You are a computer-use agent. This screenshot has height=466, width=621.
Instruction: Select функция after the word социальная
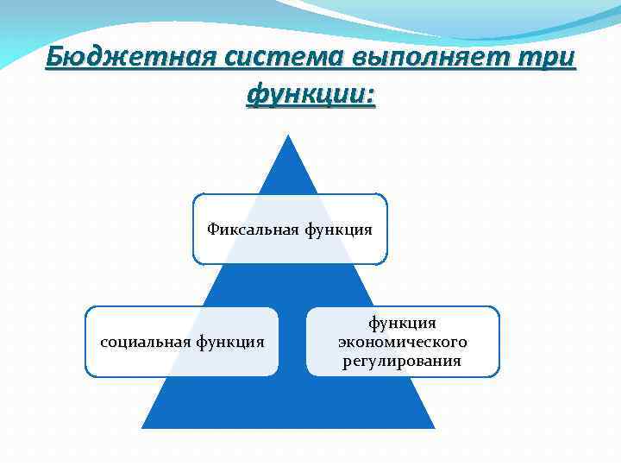point(229,342)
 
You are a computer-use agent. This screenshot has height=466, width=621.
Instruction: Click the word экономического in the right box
point(403,342)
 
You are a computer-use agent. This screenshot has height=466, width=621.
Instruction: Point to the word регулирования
point(403,361)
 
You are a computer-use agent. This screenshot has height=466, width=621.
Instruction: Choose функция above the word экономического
point(403,323)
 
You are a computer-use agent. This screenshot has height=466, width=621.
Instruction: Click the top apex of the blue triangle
point(288,135)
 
